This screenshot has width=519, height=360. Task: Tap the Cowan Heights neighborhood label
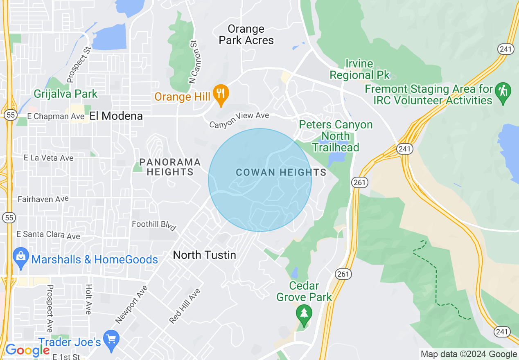click(x=281, y=172)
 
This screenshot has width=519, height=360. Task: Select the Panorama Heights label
click(x=170, y=167)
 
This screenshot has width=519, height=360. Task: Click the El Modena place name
click(x=116, y=116)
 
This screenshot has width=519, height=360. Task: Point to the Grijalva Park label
click(x=65, y=94)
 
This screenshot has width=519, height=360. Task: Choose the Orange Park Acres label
click(x=246, y=35)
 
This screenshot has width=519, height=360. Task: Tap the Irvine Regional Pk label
click(x=359, y=70)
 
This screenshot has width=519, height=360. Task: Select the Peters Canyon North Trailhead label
click(x=336, y=136)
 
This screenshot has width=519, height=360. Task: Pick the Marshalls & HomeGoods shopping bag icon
click(x=20, y=256)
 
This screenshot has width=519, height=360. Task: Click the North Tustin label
click(x=204, y=255)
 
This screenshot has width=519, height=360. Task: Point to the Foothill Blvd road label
click(x=154, y=225)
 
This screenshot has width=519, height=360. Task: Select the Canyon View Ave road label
click(x=239, y=120)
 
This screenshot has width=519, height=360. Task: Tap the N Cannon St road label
click(x=193, y=62)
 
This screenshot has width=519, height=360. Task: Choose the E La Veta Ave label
click(x=49, y=158)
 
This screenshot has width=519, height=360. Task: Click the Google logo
click(x=27, y=350)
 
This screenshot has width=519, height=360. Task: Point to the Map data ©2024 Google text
click(x=469, y=354)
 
